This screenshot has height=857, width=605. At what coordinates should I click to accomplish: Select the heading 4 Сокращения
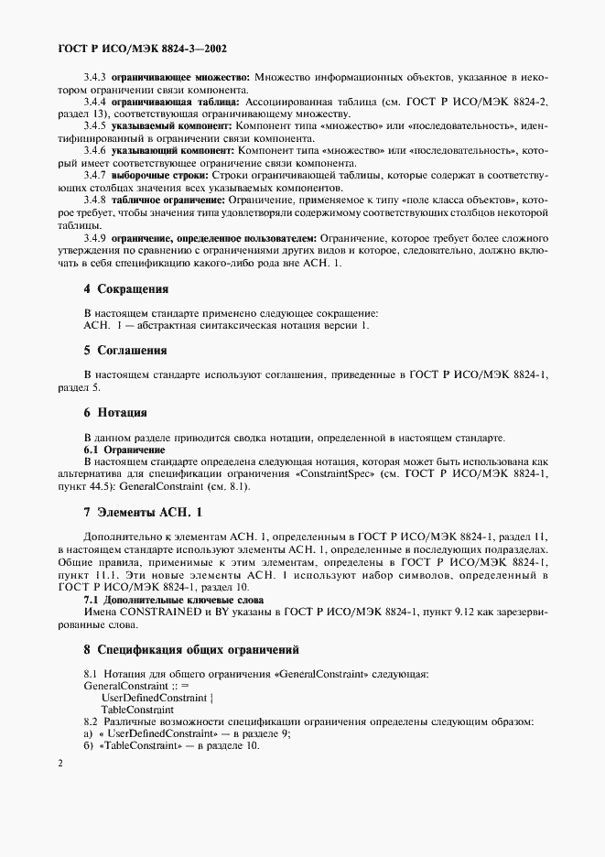(126, 288)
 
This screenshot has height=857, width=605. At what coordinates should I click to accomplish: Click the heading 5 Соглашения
(126, 350)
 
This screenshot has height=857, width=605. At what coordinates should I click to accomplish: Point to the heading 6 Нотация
(115, 412)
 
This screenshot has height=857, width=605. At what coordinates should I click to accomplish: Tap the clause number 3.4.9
(95, 238)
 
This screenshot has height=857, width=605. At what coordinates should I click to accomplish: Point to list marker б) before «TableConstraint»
(89, 746)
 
